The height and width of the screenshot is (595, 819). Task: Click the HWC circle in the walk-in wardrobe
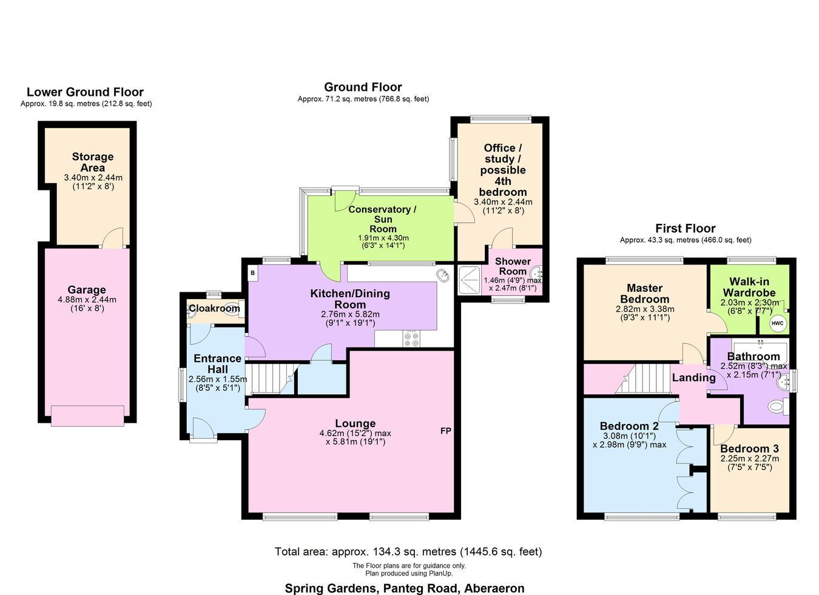777,323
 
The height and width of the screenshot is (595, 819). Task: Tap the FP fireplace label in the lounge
446,431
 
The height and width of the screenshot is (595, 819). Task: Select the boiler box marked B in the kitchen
252,273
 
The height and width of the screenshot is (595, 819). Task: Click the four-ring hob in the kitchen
412,338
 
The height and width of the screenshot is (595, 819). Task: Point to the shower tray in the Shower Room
470,280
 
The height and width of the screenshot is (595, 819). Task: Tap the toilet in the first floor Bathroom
778,407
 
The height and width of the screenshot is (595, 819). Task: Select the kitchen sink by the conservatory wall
443,275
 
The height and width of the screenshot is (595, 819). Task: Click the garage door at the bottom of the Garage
87,415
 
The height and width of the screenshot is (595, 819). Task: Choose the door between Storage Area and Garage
113,238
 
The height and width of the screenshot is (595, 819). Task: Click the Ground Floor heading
363,87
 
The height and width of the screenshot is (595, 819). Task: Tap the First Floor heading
685,229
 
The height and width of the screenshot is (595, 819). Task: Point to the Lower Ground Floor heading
85,92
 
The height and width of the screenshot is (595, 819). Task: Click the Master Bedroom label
645,293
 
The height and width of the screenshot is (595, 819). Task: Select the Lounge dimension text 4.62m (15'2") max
355,434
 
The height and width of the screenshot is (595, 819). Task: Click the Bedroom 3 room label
749,448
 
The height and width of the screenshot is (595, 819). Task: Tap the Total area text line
408,551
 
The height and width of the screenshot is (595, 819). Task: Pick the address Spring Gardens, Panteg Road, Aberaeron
405,588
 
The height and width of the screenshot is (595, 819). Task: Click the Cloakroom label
215,308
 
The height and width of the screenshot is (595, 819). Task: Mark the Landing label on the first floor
693,377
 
